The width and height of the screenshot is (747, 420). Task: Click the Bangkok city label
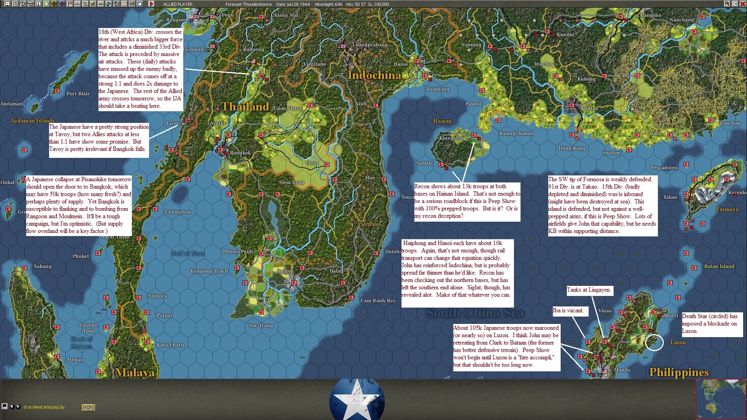click(x=240, y=153)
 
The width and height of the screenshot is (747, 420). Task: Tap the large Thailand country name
click(x=245, y=106)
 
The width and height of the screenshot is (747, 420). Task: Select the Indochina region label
click(x=374, y=75)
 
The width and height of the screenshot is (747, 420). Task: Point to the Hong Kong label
click(x=572, y=148)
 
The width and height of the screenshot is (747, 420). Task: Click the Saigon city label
click(x=285, y=271)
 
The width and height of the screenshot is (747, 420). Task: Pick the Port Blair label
click(x=78, y=94)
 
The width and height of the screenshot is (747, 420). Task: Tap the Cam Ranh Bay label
click(x=378, y=300)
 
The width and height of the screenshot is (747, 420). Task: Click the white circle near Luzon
click(x=654, y=342)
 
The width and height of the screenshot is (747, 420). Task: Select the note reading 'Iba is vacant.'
click(x=568, y=311)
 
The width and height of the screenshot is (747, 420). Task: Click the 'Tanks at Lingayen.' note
click(x=589, y=290)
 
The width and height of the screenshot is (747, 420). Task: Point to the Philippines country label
click(x=679, y=372)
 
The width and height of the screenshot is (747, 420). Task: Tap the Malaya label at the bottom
click(x=135, y=373)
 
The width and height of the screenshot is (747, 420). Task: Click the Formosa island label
click(x=727, y=209)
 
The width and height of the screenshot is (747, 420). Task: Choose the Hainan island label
click(x=442, y=121)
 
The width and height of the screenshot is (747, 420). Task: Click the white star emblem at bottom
click(x=357, y=399)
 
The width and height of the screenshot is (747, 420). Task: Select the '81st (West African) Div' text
click(x=44, y=407)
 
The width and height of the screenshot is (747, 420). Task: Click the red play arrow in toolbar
click(x=151, y=4)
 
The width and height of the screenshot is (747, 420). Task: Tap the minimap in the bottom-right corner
click(x=720, y=399)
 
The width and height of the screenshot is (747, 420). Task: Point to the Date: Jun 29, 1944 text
click(x=293, y=4)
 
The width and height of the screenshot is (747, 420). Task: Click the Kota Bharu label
click(x=170, y=345)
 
